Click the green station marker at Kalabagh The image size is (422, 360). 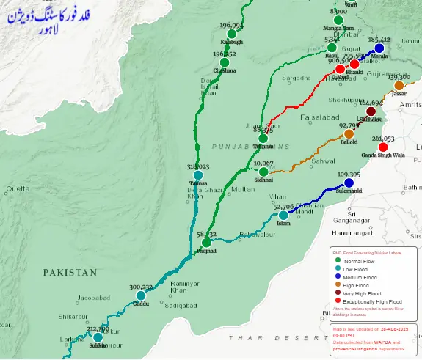[x=232, y=34]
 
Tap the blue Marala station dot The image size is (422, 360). [x=379, y=48]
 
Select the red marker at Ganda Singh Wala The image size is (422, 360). [x=382, y=147]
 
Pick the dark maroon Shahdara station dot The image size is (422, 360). [x=371, y=111]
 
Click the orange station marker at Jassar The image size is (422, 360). [x=399, y=86]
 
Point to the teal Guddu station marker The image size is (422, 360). [x=140, y=296]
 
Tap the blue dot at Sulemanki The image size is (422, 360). [x=349, y=183]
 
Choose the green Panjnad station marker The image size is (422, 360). [x=206, y=242]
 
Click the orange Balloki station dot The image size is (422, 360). [x=349, y=134]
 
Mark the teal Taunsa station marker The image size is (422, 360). [x=198, y=175]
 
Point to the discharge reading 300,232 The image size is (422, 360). [x=140, y=287]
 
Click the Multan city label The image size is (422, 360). [x=243, y=190]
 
